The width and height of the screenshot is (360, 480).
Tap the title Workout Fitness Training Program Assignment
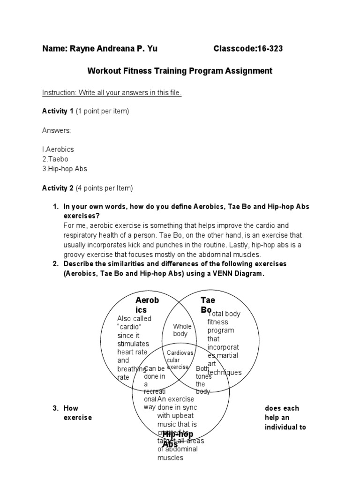click(180, 71)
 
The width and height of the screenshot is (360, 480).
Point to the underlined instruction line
click(112, 93)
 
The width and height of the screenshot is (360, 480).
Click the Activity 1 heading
click(58, 111)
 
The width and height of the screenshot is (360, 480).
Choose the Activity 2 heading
click(58, 188)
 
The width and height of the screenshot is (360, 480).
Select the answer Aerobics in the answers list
click(59, 149)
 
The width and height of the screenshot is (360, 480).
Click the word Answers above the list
click(57, 130)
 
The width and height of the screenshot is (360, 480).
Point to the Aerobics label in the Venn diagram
click(147, 305)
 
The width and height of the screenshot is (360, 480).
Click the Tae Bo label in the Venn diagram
click(208, 305)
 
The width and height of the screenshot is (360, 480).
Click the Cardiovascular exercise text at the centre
click(180, 359)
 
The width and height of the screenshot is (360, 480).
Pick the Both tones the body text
click(203, 380)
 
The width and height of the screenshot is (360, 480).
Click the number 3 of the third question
click(55, 408)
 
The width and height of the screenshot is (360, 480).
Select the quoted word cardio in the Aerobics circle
click(129, 327)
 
